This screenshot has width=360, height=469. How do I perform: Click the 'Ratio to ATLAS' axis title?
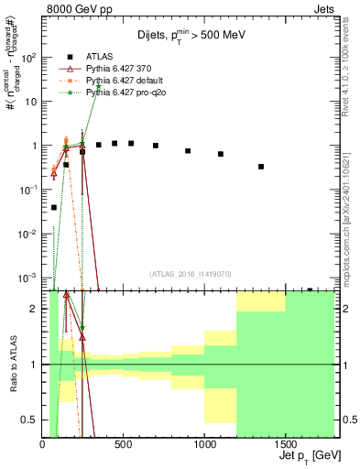13,365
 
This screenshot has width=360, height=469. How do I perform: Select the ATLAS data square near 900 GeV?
188,151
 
